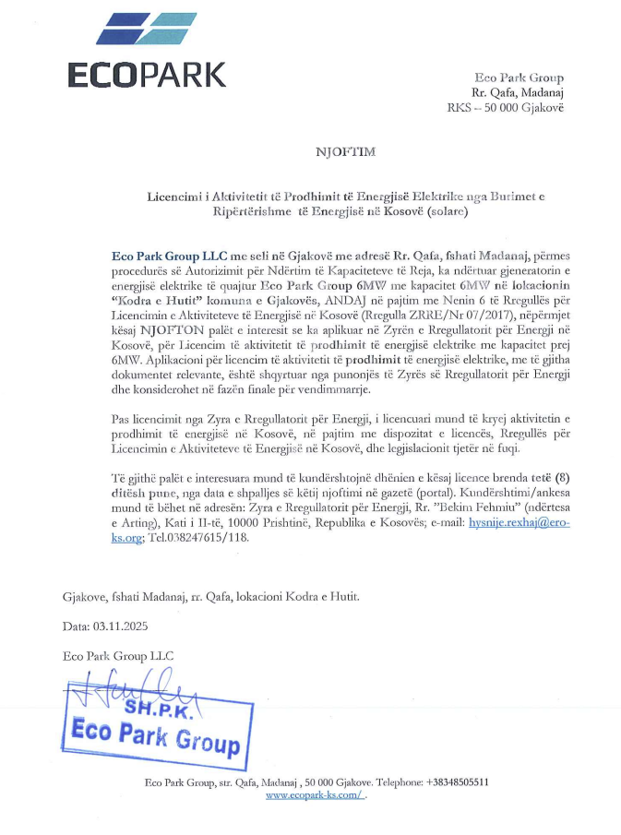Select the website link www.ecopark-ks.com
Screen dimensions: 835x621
click(315, 795)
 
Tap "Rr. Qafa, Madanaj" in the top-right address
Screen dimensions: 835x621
click(519, 93)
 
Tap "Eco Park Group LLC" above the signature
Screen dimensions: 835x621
click(118, 655)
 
